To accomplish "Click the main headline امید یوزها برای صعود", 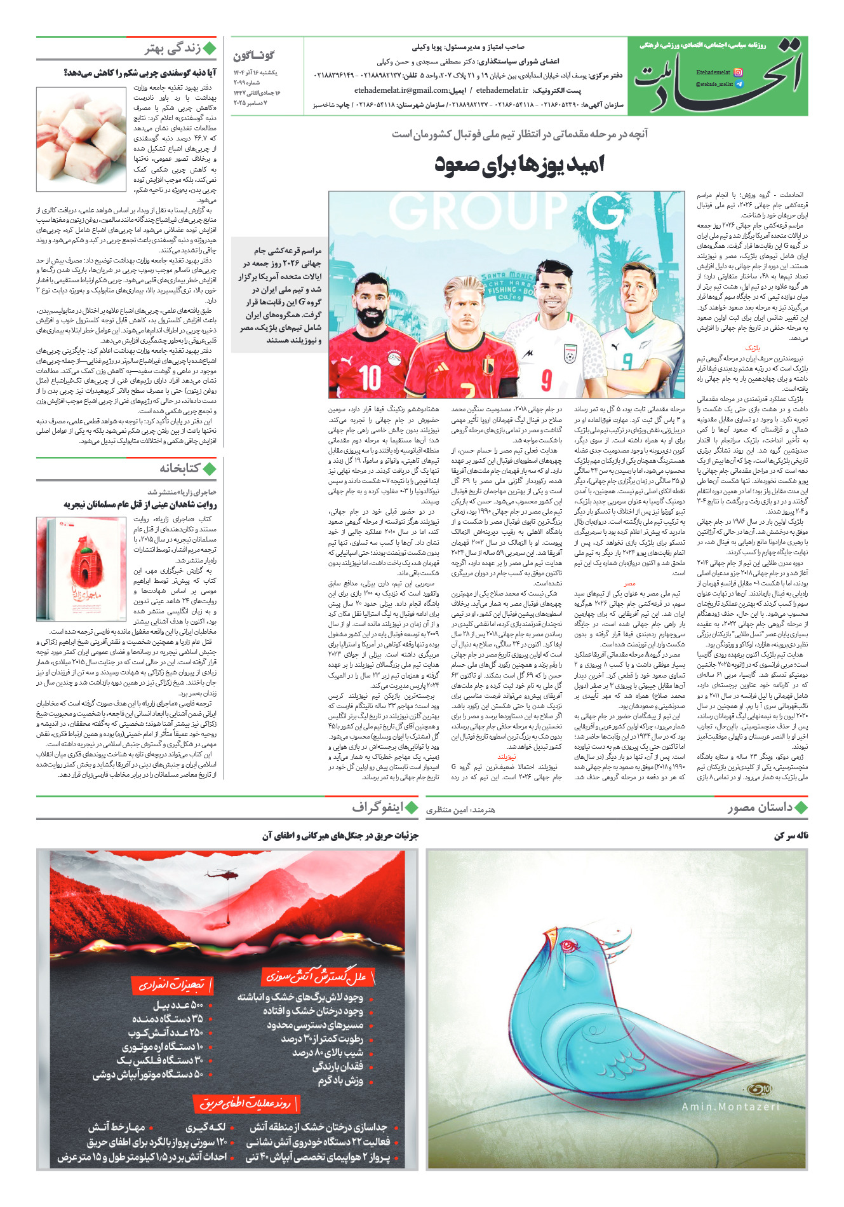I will coord(519,165).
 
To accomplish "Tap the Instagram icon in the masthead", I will coord(738,72).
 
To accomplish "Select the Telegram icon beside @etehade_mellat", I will coord(739,84).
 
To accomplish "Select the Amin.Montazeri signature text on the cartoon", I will coord(730,1107).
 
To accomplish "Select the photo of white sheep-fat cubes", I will coord(81,139).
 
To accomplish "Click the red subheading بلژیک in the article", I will coord(753,348).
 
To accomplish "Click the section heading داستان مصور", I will coord(760,807).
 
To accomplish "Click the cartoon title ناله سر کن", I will coord(791,836).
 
